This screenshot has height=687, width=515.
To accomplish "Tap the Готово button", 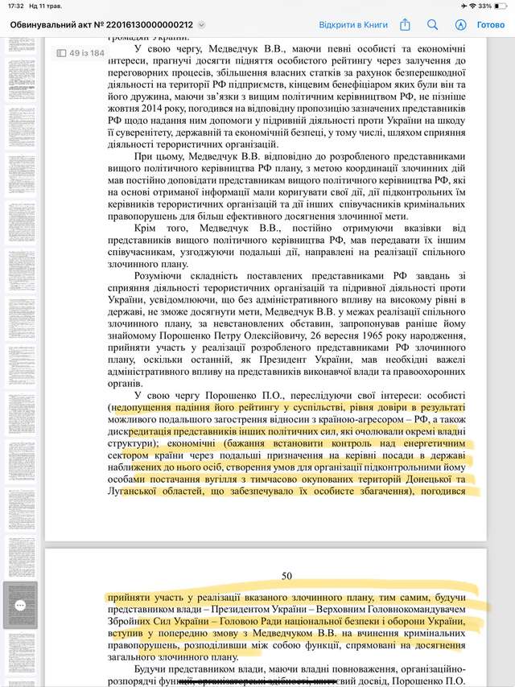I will [x=491, y=25].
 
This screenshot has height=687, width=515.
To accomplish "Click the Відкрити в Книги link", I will [x=353, y=25].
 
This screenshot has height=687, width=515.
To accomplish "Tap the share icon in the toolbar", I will [x=405, y=25].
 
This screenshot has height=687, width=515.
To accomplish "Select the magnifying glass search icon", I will [x=433, y=25].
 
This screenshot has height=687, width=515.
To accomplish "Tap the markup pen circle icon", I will [x=461, y=25].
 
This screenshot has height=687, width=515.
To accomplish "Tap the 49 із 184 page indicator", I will [x=80, y=53].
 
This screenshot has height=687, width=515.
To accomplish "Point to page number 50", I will [x=287, y=575].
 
